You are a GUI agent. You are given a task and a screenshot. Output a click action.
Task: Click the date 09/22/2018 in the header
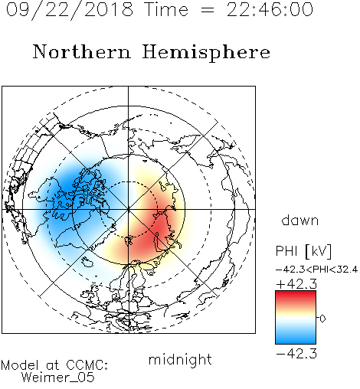click(69, 10)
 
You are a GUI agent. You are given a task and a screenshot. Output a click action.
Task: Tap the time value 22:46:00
click(270, 10)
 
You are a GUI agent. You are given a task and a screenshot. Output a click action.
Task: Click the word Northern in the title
click(82, 52)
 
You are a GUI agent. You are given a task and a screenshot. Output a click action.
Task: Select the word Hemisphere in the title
click(206, 53)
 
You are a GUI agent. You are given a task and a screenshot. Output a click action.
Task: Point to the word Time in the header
click(166, 10)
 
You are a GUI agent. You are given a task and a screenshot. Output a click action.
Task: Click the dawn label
click(300, 220)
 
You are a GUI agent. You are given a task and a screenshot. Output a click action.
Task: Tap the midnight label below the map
click(180, 360)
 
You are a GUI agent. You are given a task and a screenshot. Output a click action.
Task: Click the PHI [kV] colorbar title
click(303, 251)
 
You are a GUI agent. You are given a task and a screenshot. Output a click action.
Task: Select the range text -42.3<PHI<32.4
click(316, 270)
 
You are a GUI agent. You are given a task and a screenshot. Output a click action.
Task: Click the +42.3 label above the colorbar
click(296, 284)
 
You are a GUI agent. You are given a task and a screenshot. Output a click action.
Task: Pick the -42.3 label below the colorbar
click(296, 354)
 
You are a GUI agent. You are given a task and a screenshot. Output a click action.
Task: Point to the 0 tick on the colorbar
click(322, 319)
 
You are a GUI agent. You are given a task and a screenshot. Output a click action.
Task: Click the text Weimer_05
click(57, 378)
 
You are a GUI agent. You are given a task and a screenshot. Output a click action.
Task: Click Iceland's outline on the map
click(87, 262)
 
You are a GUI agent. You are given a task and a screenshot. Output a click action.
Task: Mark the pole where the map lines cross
click(129, 210)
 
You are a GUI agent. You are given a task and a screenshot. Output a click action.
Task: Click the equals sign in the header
click(208, 10)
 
